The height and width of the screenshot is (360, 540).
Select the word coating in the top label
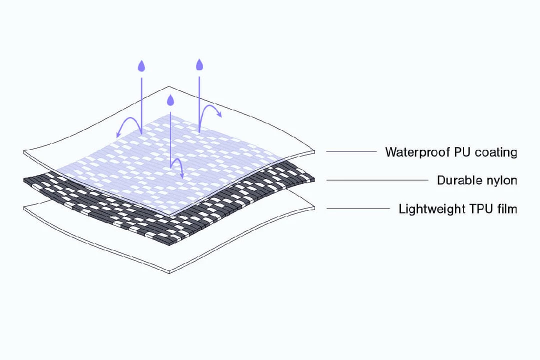tap(496, 152)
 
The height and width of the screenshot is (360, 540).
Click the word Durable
tap(454, 180)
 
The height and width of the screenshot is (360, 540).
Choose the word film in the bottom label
tap(506, 208)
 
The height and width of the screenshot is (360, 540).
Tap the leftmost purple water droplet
tap(141, 66)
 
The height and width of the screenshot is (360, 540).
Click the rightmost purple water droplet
tap(199, 64)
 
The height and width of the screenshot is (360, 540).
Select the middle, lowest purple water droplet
tap(170, 100)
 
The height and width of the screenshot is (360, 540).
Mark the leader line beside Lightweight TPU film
tap(358, 208)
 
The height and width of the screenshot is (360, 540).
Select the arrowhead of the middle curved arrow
tap(182, 176)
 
